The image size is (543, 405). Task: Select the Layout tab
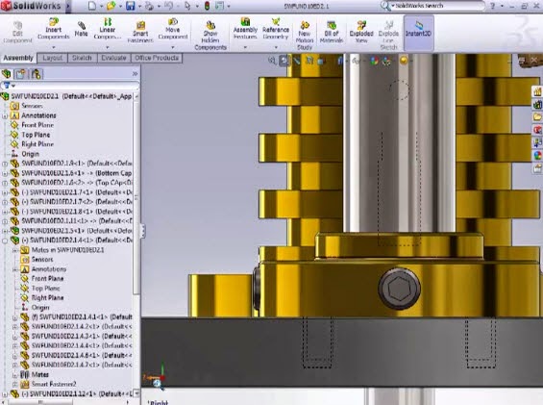point(53,58)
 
